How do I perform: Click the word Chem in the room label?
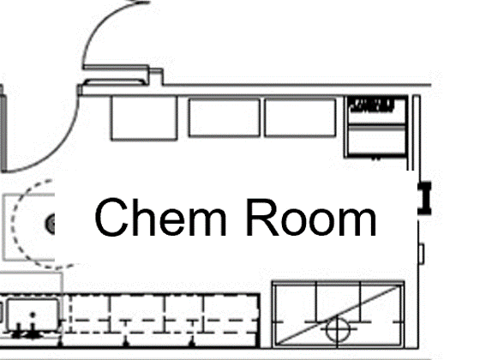pyautogui.click(x=160, y=217)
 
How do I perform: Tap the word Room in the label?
pyautogui.click(x=311, y=218)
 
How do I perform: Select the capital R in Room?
pyautogui.click(x=262, y=217)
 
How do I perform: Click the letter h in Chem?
pyautogui.click(x=144, y=217)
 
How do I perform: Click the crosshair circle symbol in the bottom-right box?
pyautogui.click(x=338, y=330)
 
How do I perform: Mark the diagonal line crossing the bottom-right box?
pyautogui.click(x=338, y=315)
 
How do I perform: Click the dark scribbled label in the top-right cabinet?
pyautogui.click(x=372, y=105)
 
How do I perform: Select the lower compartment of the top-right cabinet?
pyautogui.click(x=376, y=140)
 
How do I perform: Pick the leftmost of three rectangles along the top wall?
pyautogui.click(x=144, y=117)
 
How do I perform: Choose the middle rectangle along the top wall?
pyautogui.click(x=224, y=117)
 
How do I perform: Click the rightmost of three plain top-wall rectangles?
pyautogui.click(x=300, y=117)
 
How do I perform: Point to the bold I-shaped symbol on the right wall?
pyautogui.click(x=424, y=198)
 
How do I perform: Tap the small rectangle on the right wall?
pyautogui.click(x=422, y=254)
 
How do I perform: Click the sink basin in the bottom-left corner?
pyautogui.click(x=33, y=315)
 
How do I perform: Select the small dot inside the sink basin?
pyautogui.click(x=33, y=315)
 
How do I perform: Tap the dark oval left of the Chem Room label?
pyautogui.click(x=51, y=223)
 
